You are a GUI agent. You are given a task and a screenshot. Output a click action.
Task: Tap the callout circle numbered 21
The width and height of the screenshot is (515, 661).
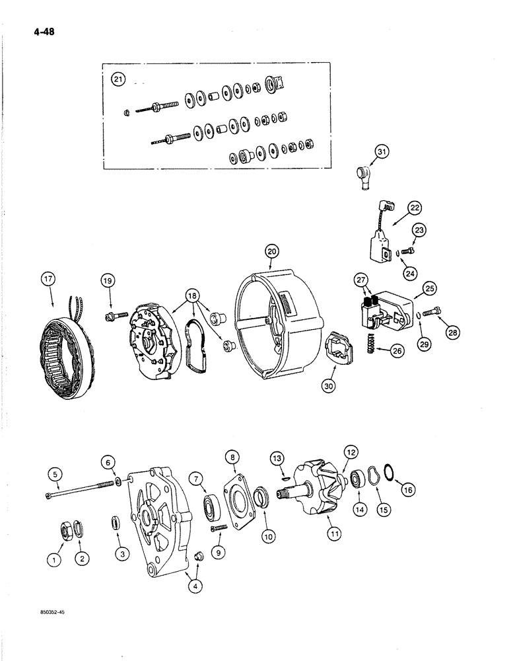click(x=118, y=80)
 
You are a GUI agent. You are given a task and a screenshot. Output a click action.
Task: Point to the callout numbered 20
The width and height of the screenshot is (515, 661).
click(x=272, y=251)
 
